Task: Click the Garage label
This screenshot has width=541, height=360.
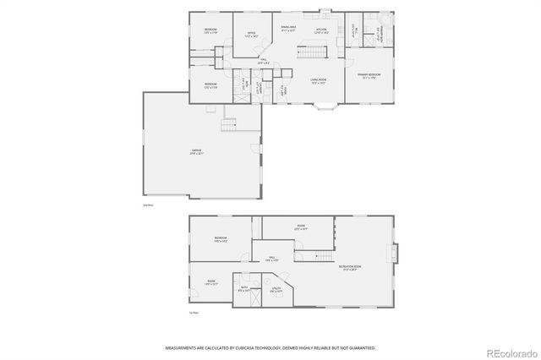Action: [197, 153]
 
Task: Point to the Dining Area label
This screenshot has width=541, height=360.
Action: [287, 28]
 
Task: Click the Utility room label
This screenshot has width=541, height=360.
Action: [276, 291]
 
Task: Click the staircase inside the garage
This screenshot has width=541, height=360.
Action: [229, 126]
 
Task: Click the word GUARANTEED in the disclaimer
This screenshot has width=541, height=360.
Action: [359, 347]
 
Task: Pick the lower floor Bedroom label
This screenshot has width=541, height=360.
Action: [221, 239]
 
